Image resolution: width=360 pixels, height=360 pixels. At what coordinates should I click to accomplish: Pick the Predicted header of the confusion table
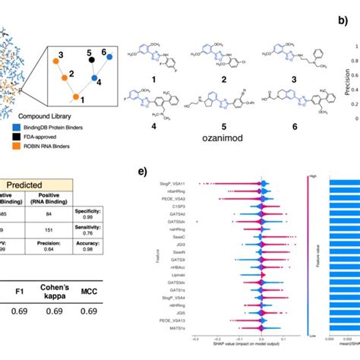coord(39,185)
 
